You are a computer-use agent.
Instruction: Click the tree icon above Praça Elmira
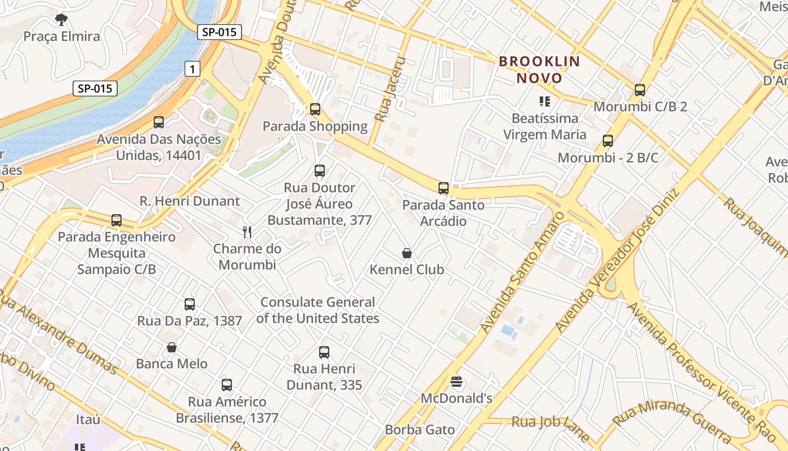61,20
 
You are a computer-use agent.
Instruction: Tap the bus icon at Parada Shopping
315,109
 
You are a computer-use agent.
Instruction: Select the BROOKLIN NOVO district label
539,69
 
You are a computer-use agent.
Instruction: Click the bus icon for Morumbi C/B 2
639,90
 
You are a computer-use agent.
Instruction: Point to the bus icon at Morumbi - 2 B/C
607,141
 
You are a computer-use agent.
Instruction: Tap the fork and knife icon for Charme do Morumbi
247,232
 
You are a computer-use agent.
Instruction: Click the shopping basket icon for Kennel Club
406,253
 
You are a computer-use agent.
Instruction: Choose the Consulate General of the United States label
317,310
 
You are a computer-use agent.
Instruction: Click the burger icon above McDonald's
456,382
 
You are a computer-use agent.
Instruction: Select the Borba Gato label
419,430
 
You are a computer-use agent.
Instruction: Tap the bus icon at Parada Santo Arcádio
444,188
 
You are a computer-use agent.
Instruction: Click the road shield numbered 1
192,69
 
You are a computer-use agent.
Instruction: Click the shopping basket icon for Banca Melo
172,347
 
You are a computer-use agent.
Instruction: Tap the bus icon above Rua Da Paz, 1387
190,304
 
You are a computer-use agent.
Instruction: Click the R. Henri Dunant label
190,201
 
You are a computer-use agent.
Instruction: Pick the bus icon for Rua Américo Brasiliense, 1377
227,385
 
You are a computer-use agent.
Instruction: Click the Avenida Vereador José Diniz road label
617,260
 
